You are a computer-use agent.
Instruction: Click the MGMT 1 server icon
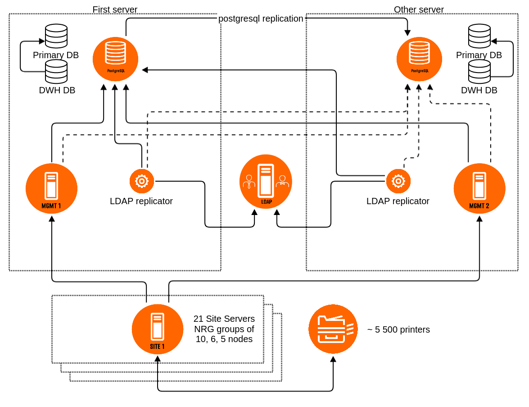click(51, 188)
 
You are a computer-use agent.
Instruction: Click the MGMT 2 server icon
click(479, 188)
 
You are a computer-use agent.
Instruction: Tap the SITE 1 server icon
click(158, 329)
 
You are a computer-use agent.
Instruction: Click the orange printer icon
click(333, 329)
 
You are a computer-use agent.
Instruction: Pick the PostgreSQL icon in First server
click(115, 59)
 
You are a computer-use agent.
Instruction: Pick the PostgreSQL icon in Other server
click(419, 59)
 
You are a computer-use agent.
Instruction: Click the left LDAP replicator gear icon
click(142, 181)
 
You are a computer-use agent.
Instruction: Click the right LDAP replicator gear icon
click(398, 181)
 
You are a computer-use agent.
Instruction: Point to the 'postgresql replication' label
click(261, 18)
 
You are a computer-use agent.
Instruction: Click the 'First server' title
click(115, 9)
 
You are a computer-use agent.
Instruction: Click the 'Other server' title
click(419, 9)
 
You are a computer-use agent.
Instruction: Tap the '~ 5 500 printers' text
click(398, 329)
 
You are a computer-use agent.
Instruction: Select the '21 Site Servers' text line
click(224, 319)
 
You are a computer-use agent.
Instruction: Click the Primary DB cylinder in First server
click(56, 36)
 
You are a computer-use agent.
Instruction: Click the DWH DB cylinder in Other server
click(479, 71)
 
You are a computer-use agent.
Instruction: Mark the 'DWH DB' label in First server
click(57, 90)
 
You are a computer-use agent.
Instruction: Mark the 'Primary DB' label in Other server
click(479, 55)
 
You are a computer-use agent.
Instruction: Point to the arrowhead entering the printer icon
click(333, 359)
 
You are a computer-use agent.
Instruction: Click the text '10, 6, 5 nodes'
click(224, 339)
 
